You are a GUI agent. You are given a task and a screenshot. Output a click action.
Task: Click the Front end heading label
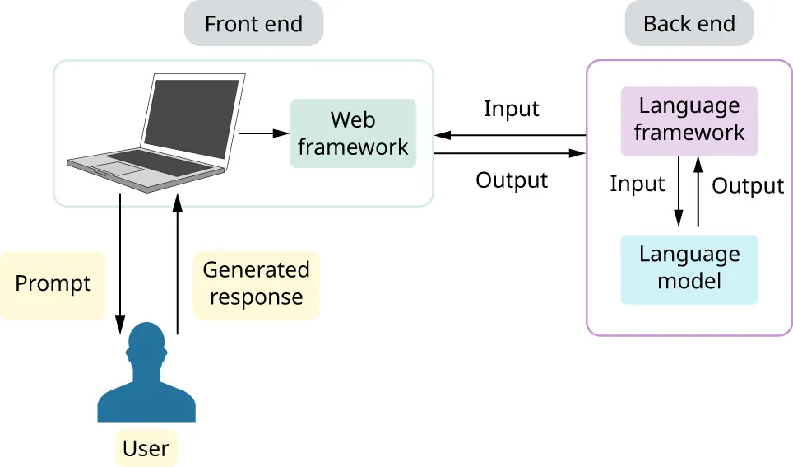(253, 24)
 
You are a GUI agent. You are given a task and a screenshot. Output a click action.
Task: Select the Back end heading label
(689, 24)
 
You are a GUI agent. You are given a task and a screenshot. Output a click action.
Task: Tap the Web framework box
(353, 133)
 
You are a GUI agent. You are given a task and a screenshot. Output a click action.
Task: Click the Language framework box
(689, 120)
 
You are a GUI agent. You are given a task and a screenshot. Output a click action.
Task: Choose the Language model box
(689, 269)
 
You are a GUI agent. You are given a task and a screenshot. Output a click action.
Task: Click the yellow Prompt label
(53, 284)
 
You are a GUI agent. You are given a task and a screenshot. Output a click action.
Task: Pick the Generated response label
(256, 284)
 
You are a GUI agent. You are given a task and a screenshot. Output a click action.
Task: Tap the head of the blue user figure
(146, 344)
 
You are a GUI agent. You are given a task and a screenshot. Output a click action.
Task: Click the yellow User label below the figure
(146, 449)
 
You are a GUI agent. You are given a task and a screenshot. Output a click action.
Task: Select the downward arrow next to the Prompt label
(120, 264)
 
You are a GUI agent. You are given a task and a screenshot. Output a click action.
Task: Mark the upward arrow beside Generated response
(176, 264)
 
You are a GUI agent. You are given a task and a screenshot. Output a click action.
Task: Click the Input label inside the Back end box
(637, 184)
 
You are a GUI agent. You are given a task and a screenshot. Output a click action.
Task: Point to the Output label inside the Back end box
(747, 186)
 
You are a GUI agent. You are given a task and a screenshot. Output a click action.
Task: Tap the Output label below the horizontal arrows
(511, 180)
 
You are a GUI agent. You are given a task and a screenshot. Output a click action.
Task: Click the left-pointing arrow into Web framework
(510, 135)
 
